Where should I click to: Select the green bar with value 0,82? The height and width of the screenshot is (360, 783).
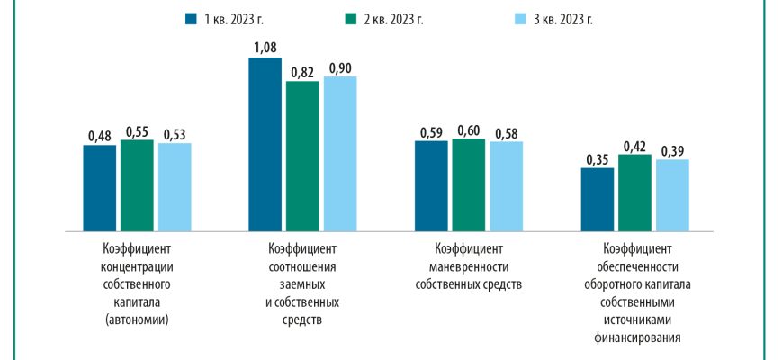302,154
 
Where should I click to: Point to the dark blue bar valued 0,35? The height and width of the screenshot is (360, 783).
597,197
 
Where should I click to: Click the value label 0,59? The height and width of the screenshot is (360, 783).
431,133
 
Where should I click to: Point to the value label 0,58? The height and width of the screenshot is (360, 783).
506,134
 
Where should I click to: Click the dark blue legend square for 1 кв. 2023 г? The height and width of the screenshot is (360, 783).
189,18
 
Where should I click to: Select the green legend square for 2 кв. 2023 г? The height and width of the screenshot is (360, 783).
348,18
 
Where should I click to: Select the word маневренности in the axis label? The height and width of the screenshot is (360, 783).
468,266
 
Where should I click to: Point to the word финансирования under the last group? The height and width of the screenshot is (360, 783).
635,338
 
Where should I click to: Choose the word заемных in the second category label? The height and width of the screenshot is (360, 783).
302,284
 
